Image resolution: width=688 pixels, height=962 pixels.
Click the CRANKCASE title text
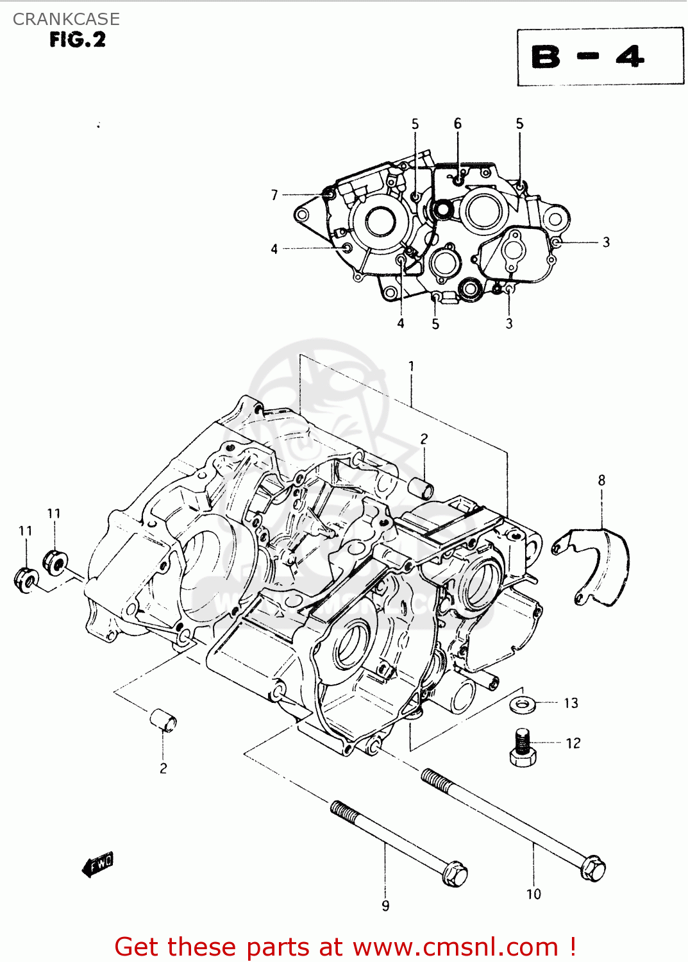[x=66, y=19]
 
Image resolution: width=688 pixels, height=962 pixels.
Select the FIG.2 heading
[x=78, y=40]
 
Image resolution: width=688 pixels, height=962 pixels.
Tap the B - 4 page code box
[x=600, y=56]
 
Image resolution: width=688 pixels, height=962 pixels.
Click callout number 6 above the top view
[x=457, y=124]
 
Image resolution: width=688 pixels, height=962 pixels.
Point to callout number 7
[x=274, y=195]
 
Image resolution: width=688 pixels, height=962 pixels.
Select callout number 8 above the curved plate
[x=601, y=480]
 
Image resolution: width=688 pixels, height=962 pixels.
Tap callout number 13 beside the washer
[x=571, y=704]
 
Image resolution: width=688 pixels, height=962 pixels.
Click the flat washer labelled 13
[x=524, y=704]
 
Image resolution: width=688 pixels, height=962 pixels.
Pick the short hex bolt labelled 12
[x=523, y=747]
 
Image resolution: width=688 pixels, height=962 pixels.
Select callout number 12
[x=573, y=743]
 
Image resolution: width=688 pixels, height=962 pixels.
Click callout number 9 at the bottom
[x=385, y=906]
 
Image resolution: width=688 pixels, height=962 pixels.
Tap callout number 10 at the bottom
[x=533, y=894]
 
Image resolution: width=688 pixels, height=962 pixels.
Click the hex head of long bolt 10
[x=593, y=869]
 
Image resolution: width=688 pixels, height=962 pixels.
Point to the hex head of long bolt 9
[x=455, y=873]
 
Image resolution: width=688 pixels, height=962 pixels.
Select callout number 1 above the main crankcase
[x=411, y=366]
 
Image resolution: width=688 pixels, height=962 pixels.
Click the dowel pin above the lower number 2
[x=163, y=720]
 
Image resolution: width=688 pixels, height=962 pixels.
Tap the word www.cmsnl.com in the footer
[x=455, y=947]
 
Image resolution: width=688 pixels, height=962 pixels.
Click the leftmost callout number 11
[x=25, y=531]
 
